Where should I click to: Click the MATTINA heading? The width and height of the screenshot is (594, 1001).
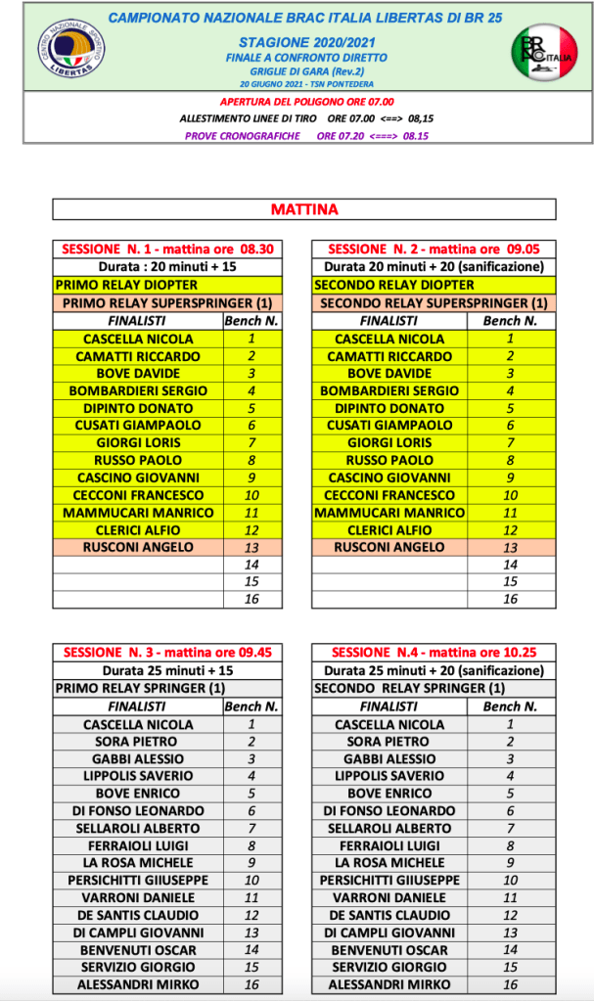(x=303, y=209)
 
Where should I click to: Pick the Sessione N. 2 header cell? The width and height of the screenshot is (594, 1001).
(x=433, y=250)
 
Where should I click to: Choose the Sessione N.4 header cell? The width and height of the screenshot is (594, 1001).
(x=433, y=653)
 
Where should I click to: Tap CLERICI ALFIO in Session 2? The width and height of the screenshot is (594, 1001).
(x=388, y=530)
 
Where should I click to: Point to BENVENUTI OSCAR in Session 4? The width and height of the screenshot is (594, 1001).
(x=388, y=949)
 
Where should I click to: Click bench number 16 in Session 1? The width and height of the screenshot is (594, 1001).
(x=251, y=599)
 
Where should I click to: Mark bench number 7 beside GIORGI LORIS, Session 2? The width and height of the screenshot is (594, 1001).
(x=510, y=442)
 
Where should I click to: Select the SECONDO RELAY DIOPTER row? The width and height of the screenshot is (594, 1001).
(x=433, y=285)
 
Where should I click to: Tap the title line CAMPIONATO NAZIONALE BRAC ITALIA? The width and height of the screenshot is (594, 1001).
(x=303, y=19)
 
